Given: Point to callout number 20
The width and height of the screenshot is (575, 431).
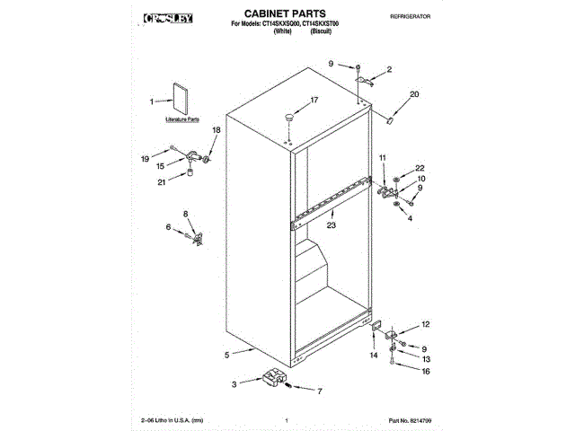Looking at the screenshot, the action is tap(414, 94).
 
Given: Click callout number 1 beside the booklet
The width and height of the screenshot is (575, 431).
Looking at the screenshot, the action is tap(152, 101).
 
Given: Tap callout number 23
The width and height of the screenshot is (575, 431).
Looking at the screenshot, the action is tap(331, 227).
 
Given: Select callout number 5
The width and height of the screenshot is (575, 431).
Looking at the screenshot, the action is tap(227, 353).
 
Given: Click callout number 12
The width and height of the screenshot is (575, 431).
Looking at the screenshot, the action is tap(426, 324).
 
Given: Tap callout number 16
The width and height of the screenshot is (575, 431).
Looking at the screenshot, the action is tap(426, 371).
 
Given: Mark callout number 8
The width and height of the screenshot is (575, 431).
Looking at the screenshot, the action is tap(186, 213).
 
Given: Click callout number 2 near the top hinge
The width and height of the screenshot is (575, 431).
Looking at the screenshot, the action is tap(389, 69).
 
